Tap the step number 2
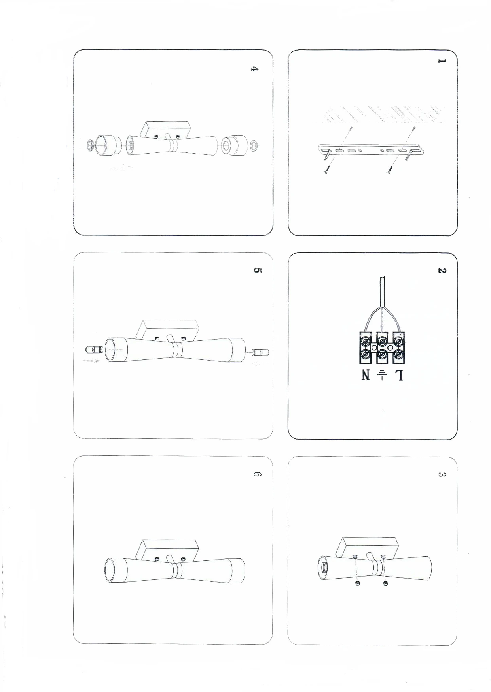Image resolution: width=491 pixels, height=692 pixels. point(442,270)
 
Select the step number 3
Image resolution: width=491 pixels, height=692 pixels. point(442,474)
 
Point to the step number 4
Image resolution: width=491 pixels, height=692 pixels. point(255,69)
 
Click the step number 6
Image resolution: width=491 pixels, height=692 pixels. point(257,474)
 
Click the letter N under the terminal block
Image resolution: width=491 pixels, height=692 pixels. point(366,375)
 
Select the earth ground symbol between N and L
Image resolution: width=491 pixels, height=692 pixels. point(382,375)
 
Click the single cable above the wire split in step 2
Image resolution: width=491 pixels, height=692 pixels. point(382,291)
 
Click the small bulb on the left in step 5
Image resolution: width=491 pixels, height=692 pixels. point(94,350)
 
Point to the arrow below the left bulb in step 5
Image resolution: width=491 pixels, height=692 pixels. point(91,361)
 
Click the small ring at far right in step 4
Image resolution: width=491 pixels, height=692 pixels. point(254,145)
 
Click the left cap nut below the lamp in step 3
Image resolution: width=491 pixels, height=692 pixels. point(357,583)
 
